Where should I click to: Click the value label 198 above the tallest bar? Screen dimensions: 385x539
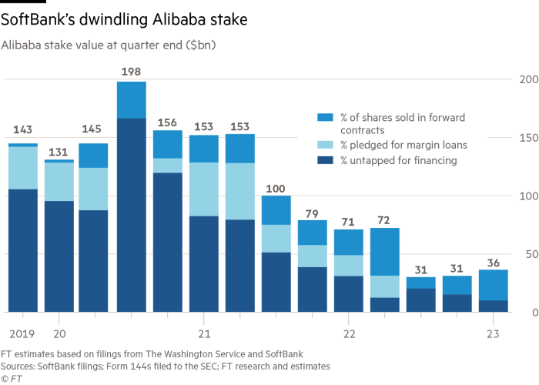pyautogui.click(x=132, y=72)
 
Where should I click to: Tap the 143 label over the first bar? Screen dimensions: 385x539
pyautogui.click(x=22, y=130)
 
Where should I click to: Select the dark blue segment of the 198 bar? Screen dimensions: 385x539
pyautogui.click(x=132, y=215)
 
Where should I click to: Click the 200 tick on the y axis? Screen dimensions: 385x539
pyautogui.click(x=527, y=79)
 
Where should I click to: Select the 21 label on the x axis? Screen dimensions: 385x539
pyautogui.click(x=204, y=334)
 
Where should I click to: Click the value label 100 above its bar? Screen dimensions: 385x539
pyautogui.click(x=276, y=188)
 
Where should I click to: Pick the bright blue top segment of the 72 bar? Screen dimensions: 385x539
pyautogui.click(x=385, y=251)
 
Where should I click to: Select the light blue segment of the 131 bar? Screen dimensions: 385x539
pyautogui.click(x=59, y=182)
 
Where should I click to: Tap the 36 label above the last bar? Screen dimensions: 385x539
pyautogui.click(x=494, y=262)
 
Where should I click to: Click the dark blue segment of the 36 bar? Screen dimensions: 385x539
pyautogui.click(x=494, y=306)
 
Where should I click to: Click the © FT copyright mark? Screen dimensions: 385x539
pyautogui.click(x=12, y=379)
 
